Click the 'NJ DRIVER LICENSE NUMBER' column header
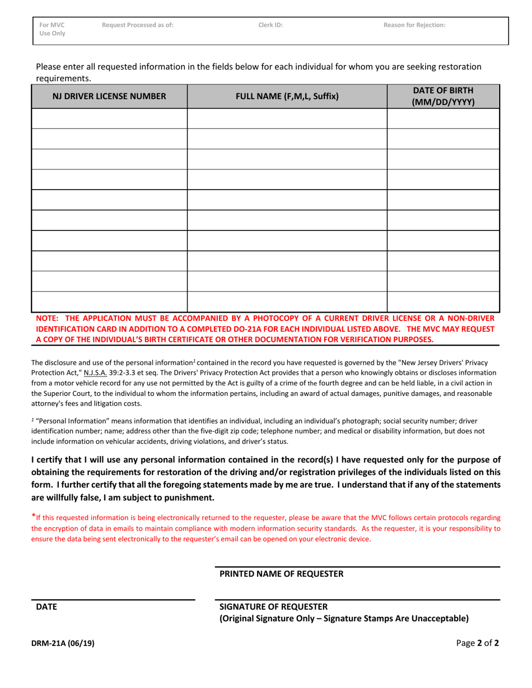coord(109,96)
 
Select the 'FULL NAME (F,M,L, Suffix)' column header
coord(287,96)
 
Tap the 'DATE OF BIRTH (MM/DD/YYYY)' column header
coord(443,96)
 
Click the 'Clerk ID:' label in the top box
coord(270,25)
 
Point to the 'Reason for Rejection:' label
coord(414,25)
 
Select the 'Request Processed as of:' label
coord(138,25)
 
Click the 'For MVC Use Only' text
coord(52,29)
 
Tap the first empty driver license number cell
coord(109,119)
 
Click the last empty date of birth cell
coord(443,301)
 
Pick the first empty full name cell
coord(287,119)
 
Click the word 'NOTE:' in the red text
coord(48,318)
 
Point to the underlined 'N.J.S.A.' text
coord(95,373)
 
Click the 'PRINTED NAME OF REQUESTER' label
coord(281,574)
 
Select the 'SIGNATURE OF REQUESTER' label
coord(274,607)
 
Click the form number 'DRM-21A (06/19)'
coord(63,643)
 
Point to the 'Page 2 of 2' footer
coord(477,643)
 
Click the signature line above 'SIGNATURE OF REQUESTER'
coord(357,600)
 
